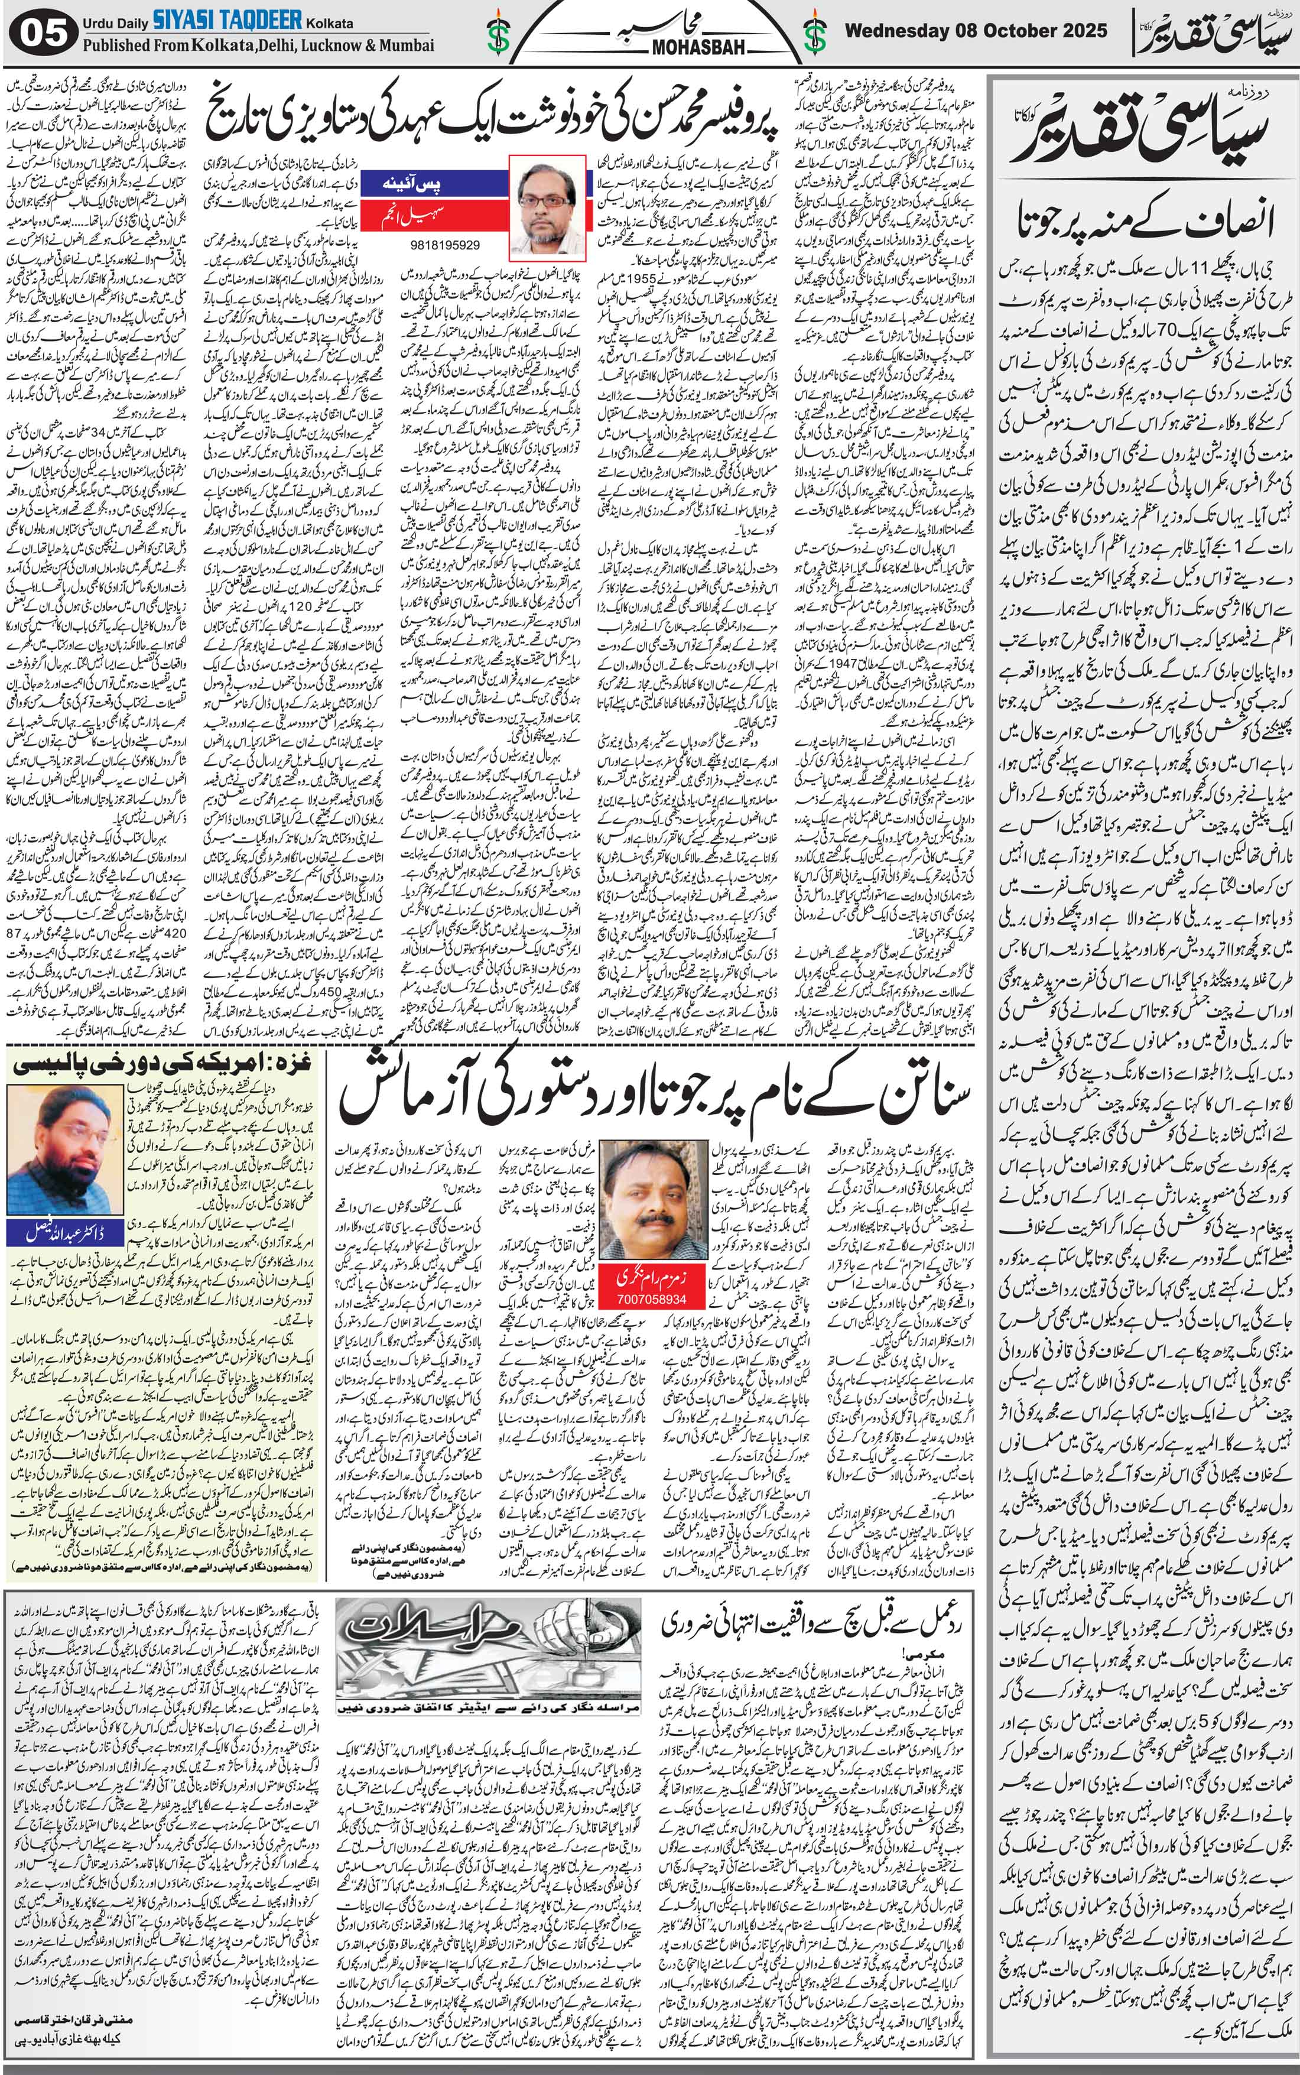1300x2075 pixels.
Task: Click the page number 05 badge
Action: pyautogui.click(x=44, y=34)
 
